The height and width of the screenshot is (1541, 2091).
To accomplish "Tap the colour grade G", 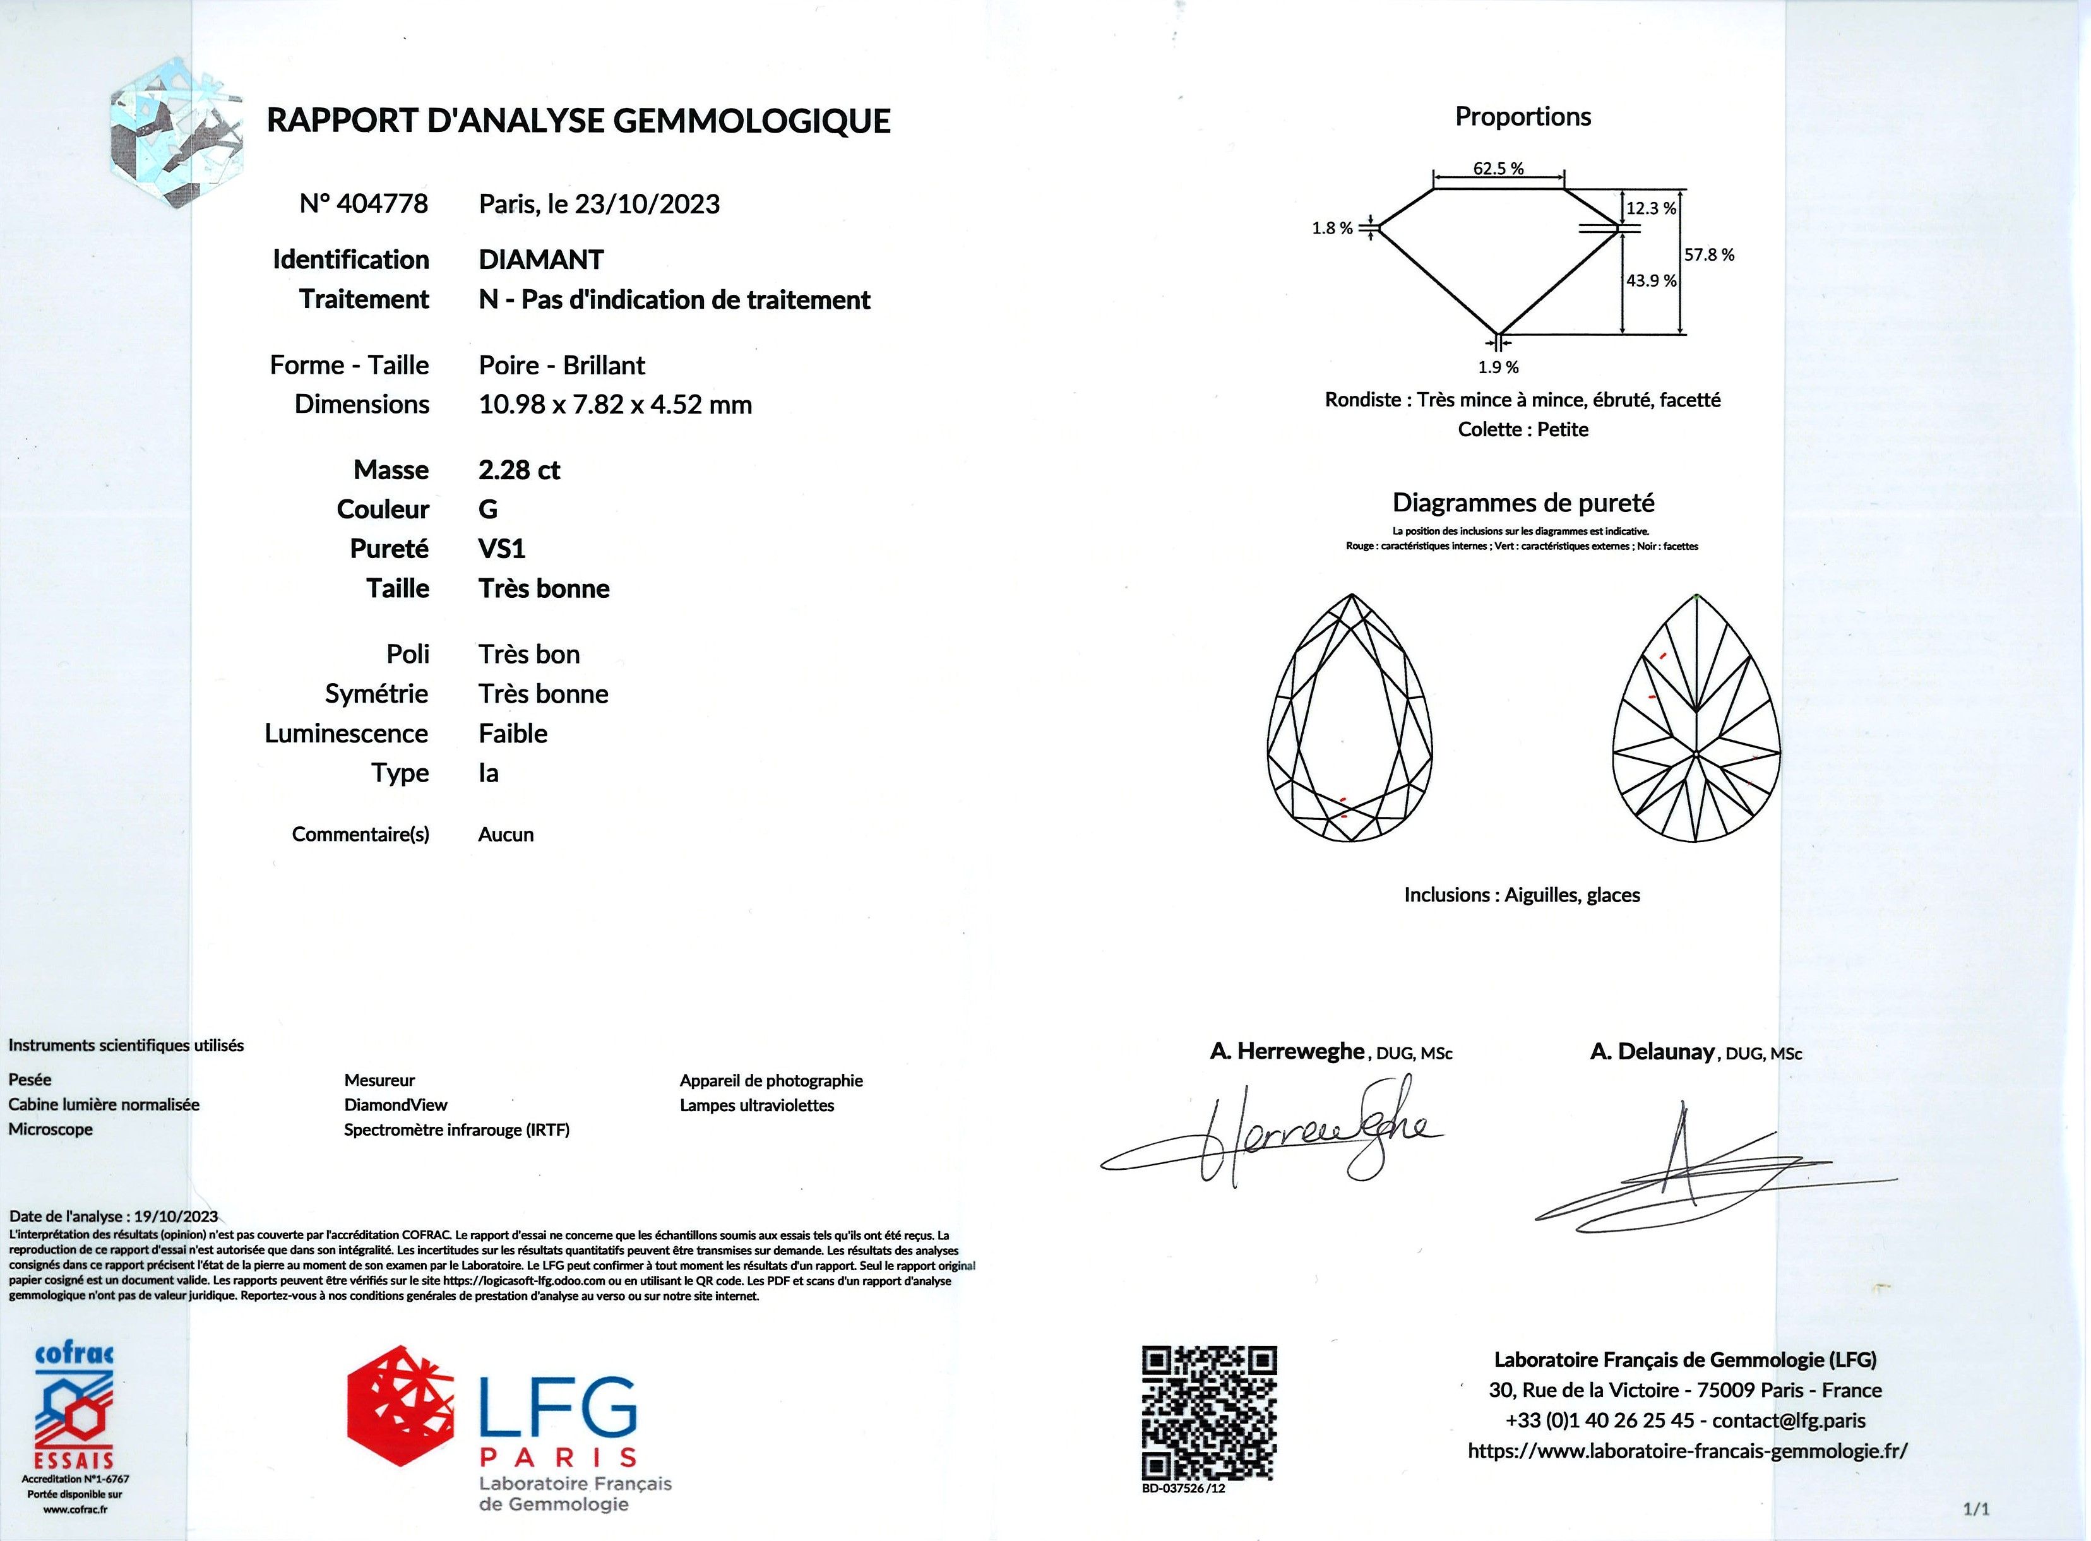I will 488,509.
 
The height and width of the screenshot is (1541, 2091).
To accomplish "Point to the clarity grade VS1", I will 502,549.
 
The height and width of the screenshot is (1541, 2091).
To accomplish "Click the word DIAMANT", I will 541,259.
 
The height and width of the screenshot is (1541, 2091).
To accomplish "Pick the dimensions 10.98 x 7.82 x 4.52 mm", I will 615,405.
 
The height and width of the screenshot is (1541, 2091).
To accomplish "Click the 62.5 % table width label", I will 1498,169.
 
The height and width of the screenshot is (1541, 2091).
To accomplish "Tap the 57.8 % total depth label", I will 1708,254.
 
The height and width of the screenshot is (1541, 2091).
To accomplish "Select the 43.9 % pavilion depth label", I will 1651,281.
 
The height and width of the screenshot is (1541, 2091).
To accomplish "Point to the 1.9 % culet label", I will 1498,367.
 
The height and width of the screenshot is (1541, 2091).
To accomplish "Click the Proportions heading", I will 1522,117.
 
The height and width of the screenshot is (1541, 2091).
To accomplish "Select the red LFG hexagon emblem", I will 402,1406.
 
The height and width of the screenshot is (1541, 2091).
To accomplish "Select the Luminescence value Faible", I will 513,734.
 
